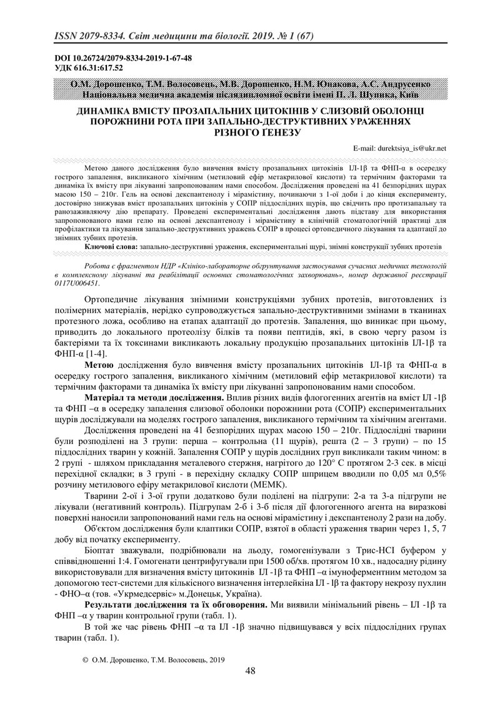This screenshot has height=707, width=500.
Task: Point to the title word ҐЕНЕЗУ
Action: click(279, 132)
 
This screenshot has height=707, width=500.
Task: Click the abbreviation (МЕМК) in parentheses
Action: click(271, 484)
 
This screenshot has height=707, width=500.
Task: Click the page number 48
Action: click(250, 670)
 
